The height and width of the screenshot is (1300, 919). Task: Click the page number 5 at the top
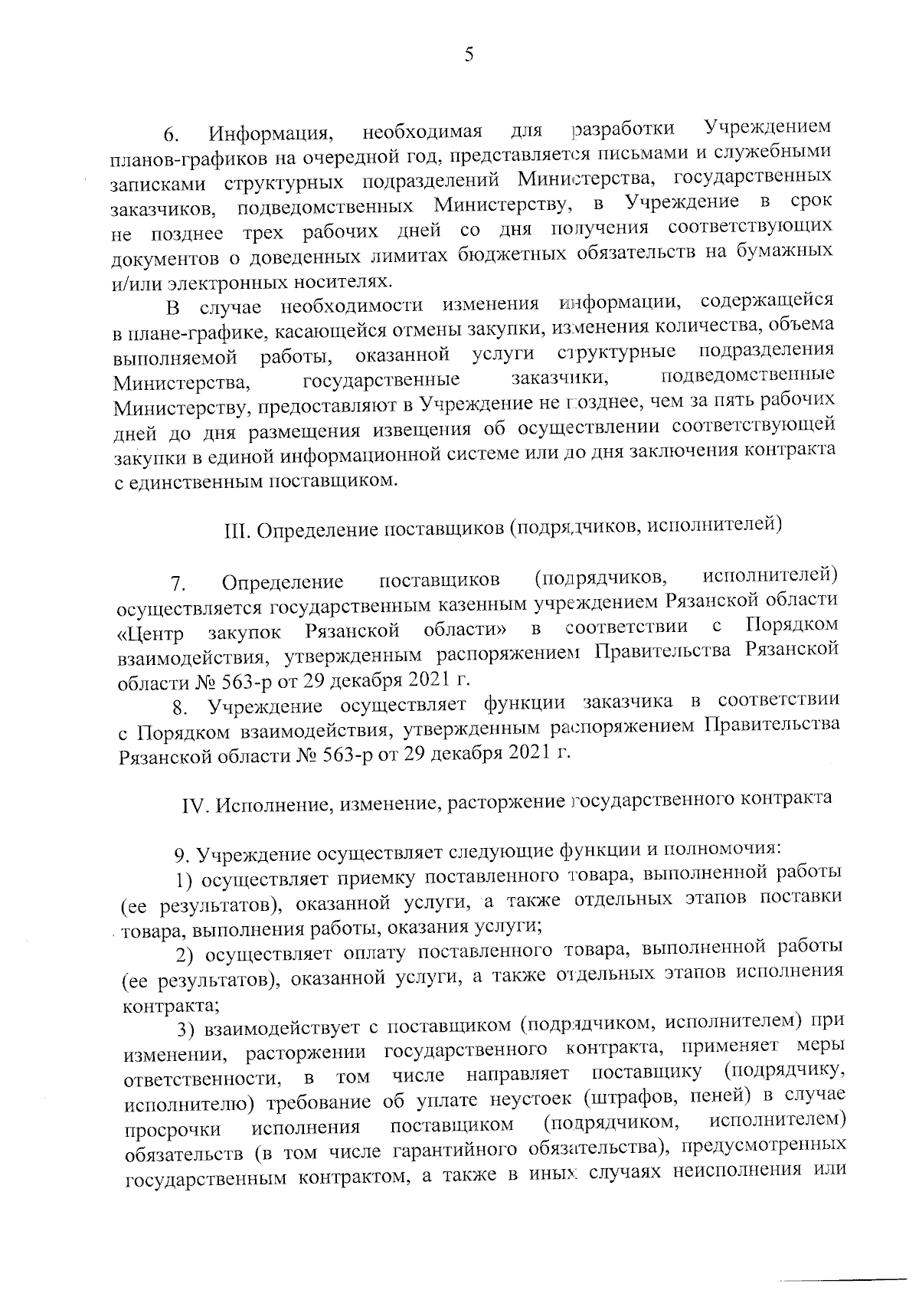point(469,54)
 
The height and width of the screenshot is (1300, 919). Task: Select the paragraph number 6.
point(170,136)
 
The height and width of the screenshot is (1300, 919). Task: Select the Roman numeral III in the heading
point(233,530)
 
